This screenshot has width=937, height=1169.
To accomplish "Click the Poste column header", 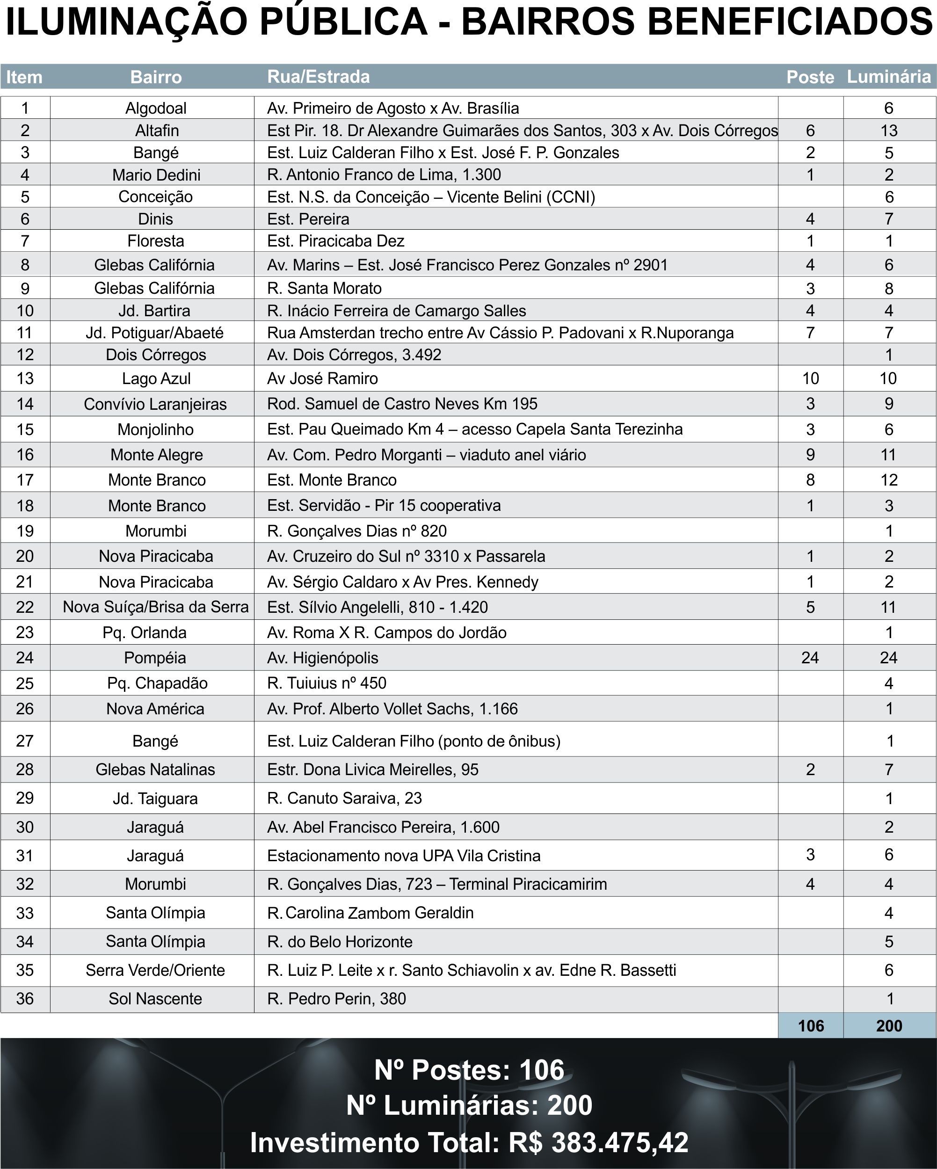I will click(x=810, y=77).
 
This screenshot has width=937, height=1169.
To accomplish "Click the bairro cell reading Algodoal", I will click(x=156, y=108).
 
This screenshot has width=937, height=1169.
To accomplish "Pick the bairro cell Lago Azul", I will click(x=156, y=378).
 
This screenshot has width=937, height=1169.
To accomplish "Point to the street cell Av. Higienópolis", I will click(x=323, y=658).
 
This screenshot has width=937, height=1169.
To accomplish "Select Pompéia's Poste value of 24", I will click(x=810, y=658).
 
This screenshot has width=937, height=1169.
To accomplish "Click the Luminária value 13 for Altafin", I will click(x=889, y=131).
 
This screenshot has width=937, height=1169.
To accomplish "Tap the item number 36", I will click(x=25, y=999).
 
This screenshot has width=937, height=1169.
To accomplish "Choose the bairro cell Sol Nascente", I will click(x=155, y=999).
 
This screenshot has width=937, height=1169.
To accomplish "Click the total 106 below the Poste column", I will click(x=811, y=1026).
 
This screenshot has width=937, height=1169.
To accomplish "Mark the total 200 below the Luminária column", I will click(x=889, y=1026).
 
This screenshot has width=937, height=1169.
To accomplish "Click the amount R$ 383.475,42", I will click(x=598, y=1143).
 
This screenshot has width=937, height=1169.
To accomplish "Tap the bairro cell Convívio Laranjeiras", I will click(x=155, y=404).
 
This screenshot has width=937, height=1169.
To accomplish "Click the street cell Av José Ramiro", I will click(x=322, y=378).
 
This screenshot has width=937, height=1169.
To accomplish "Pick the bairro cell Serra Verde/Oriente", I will click(x=155, y=970).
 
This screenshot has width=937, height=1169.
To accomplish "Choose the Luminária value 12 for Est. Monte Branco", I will click(x=889, y=480).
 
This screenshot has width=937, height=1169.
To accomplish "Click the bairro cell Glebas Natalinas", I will click(x=155, y=770).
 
